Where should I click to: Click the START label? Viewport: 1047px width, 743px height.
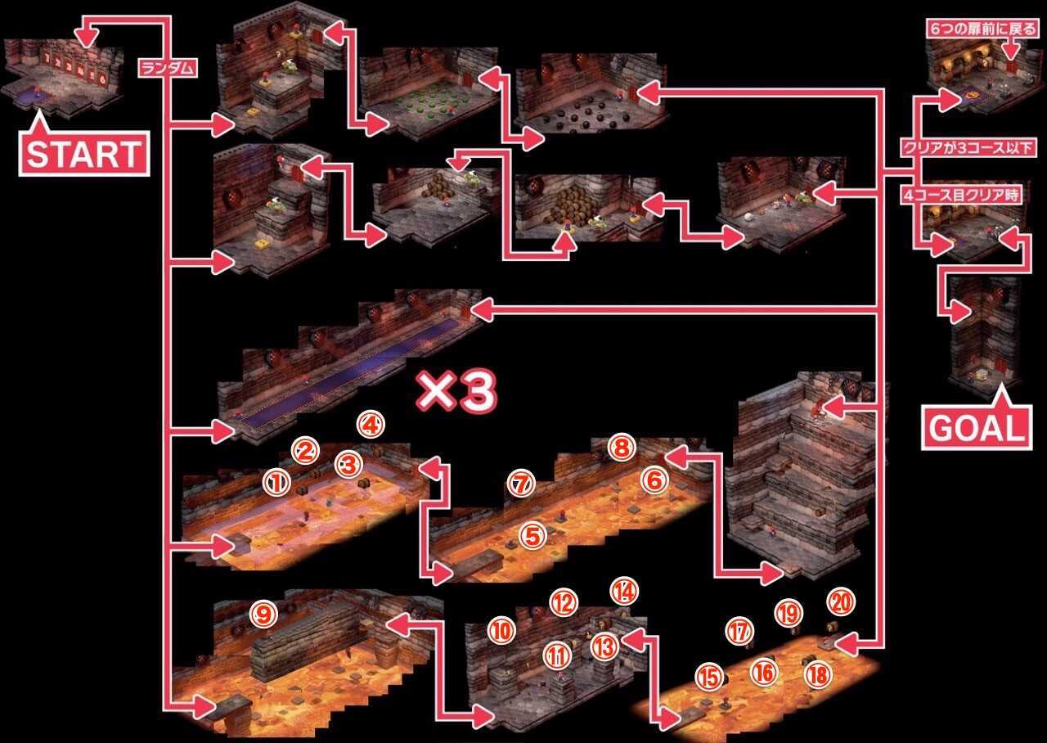pyautogui.click(x=84, y=154)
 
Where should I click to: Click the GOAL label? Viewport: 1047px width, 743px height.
pyautogui.click(x=977, y=428)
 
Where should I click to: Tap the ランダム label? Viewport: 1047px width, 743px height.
pyautogui.click(x=168, y=68)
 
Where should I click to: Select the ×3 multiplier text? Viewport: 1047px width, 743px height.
pyautogui.click(x=456, y=391)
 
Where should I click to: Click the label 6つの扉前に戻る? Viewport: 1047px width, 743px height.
pyautogui.click(x=982, y=29)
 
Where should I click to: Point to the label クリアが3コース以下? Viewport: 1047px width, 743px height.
pyautogui.click(x=968, y=148)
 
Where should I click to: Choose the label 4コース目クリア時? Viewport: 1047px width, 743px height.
pyautogui.click(x=961, y=195)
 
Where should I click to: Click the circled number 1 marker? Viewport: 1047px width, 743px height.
pyautogui.click(x=276, y=483)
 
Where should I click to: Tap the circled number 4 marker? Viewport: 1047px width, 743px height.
pyautogui.click(x=371, y=425)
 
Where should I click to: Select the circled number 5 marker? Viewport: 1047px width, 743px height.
pyautogui.click(x=533, y=536)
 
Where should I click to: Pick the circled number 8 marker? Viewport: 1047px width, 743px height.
pyautogui.click(x=622, y=448)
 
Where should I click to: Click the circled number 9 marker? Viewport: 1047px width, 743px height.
pyautogui.click(x=264, y=614)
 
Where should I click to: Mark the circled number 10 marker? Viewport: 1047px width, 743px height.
pyautogui.click(x=502, y=631)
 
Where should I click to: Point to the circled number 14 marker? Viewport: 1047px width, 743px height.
pyautogui.click(x=624, y=591)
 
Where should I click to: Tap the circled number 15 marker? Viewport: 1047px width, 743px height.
pyautogui.click(x=709, y=677)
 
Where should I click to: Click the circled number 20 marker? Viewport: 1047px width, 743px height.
pyautogui.click(x=842, y=602)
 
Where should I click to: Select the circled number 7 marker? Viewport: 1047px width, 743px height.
pyautogui.click(x=522, y=484)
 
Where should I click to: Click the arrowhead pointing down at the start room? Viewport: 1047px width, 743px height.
pyautogui.click(x=87, y=38)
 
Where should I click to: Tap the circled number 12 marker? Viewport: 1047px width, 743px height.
pyautogui.click(x=564, y=602)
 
